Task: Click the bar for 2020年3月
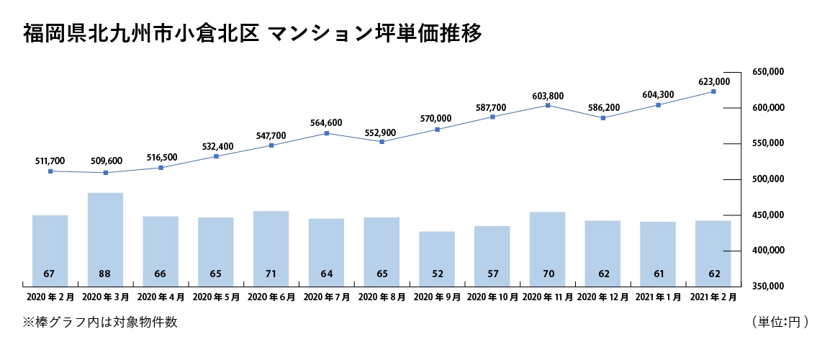[x=105, y=238]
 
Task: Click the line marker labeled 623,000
[x=713, y=91]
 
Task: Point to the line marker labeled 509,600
[x=106, y=173]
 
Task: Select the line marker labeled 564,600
[x=327, y=133]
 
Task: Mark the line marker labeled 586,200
[x=602, y=118]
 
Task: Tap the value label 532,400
[x=217, y=147]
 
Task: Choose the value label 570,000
[x=437, y=119]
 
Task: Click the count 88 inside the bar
[x=105, y=274]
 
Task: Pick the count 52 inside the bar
[x=437, y=274]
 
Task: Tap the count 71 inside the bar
[x=271, y=274]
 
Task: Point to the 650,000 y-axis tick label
[x=768, y=72]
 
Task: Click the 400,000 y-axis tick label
[x=768, y=251]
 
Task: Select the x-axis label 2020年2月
[x=50, y=297]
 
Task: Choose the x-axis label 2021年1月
[x=658, y=297]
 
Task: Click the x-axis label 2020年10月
[x=492, y=297]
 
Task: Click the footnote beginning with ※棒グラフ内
[x=100, y=322]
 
